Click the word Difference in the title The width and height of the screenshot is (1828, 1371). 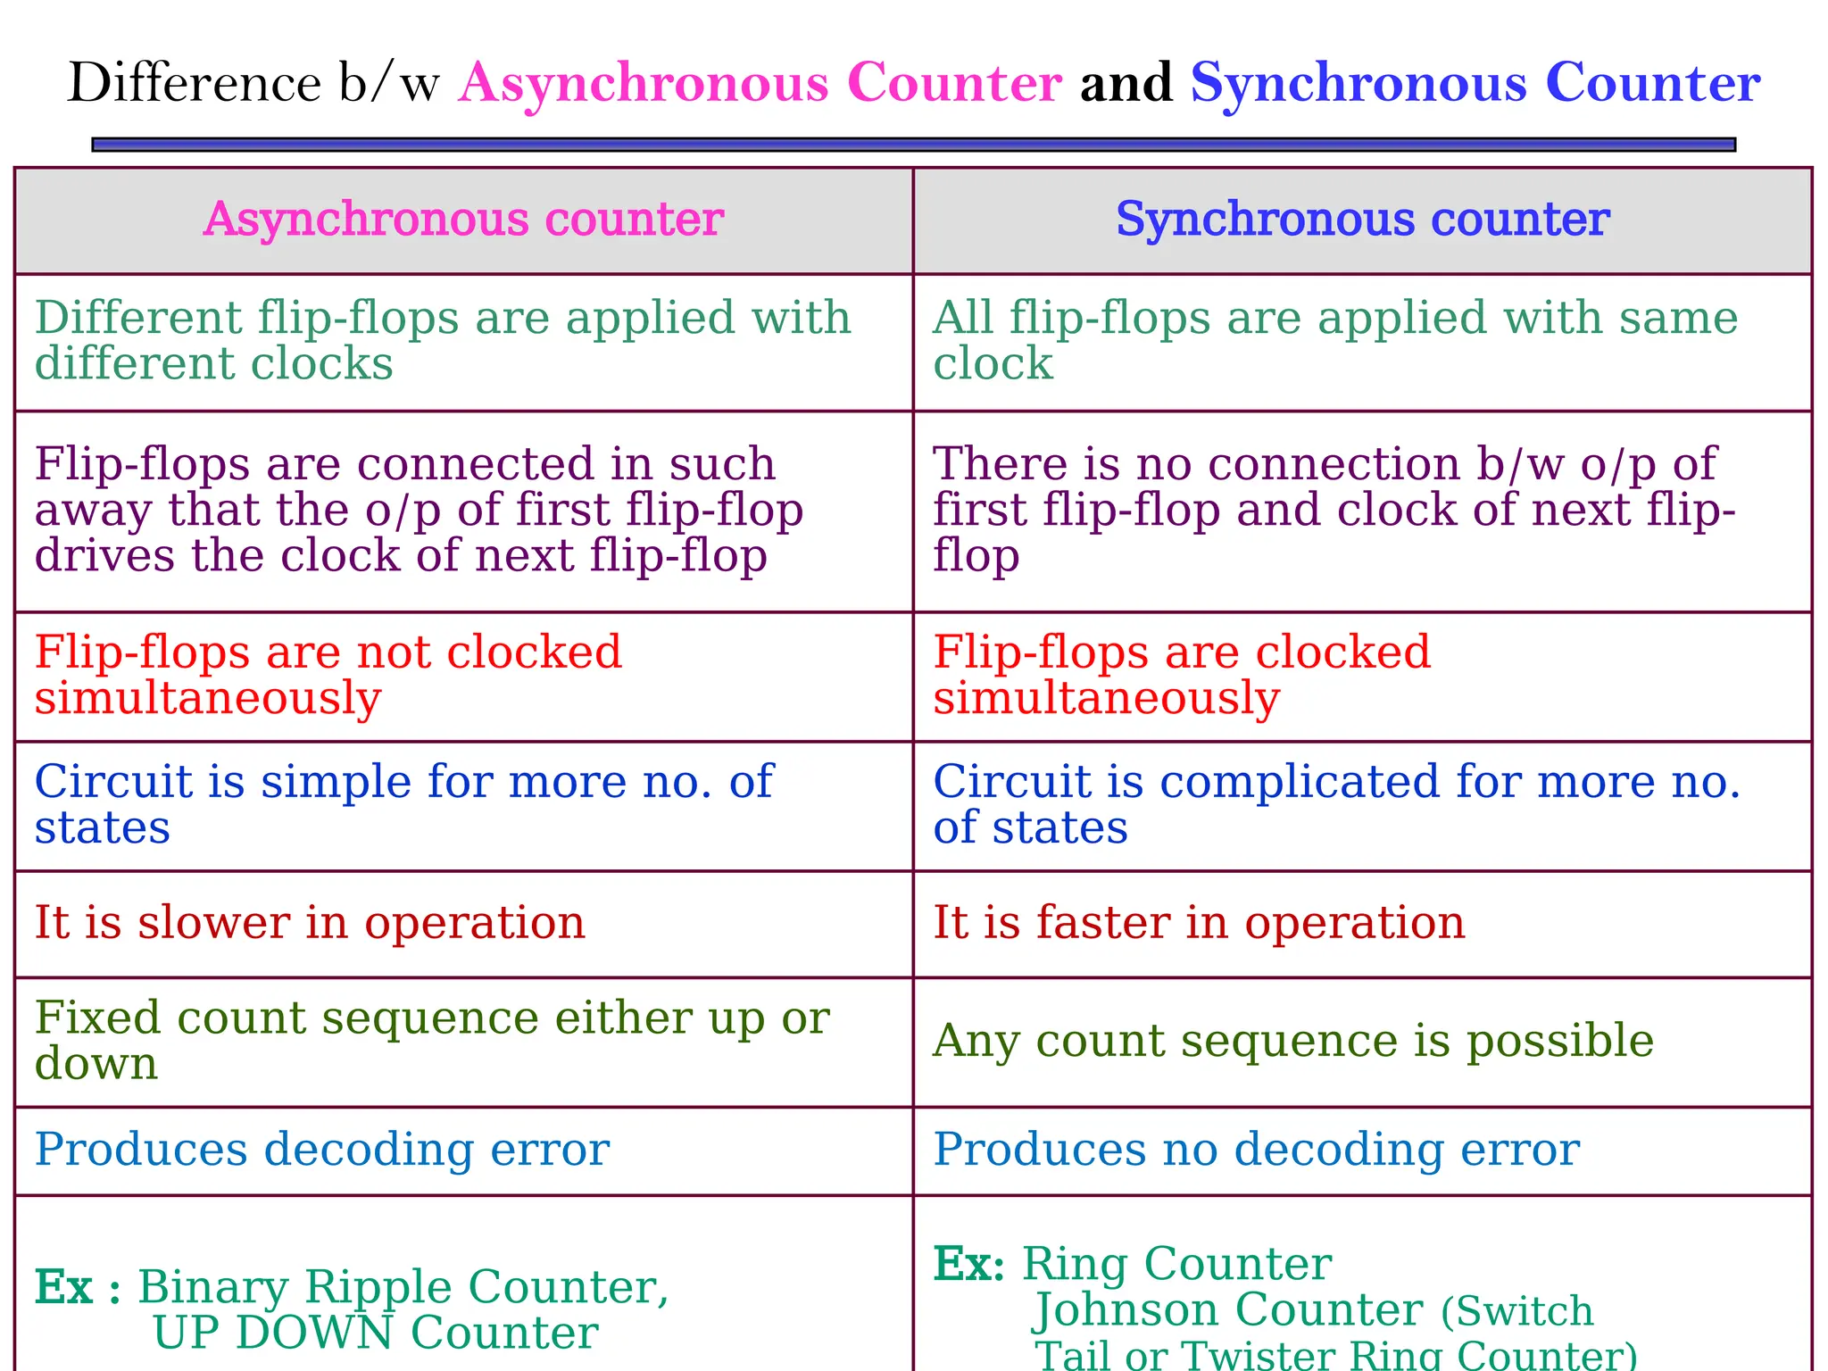[194, 83]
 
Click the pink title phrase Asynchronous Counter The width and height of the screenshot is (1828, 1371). [760, 83]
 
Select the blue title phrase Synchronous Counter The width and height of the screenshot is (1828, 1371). [1475, 83]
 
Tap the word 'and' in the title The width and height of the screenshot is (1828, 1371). [1126, 83]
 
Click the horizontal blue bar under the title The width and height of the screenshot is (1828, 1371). [913, 145]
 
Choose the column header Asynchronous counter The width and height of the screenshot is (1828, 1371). [463, 220]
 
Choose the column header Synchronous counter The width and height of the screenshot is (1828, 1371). [1362, 220]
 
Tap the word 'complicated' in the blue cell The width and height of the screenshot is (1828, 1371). [1300, 782]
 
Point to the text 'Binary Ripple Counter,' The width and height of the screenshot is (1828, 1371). [403, 1287]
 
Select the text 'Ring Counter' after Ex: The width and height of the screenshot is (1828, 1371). [1176, 1264]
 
